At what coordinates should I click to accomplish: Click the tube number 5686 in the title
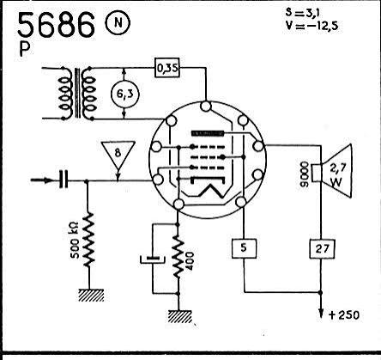coord(56,25)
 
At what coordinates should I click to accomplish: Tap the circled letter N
coord(118,22)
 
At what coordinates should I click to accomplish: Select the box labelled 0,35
coord(167,68)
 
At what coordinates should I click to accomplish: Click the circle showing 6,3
coord(124,94)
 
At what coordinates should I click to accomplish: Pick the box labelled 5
coord(244,248)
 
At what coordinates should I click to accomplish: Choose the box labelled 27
coord(322,248)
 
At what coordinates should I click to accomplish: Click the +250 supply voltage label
coord(344,315)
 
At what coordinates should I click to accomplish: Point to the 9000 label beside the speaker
coord(305,174)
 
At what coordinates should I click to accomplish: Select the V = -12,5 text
coord(311,26)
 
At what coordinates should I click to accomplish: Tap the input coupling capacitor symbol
coord(63,180)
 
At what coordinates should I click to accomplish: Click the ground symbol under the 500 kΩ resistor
coord(91,295)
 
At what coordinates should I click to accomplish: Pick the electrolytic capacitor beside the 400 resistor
coord(153,259)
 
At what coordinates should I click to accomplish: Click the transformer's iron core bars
coord(77,93)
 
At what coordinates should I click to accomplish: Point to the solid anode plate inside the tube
coord(208,133)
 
